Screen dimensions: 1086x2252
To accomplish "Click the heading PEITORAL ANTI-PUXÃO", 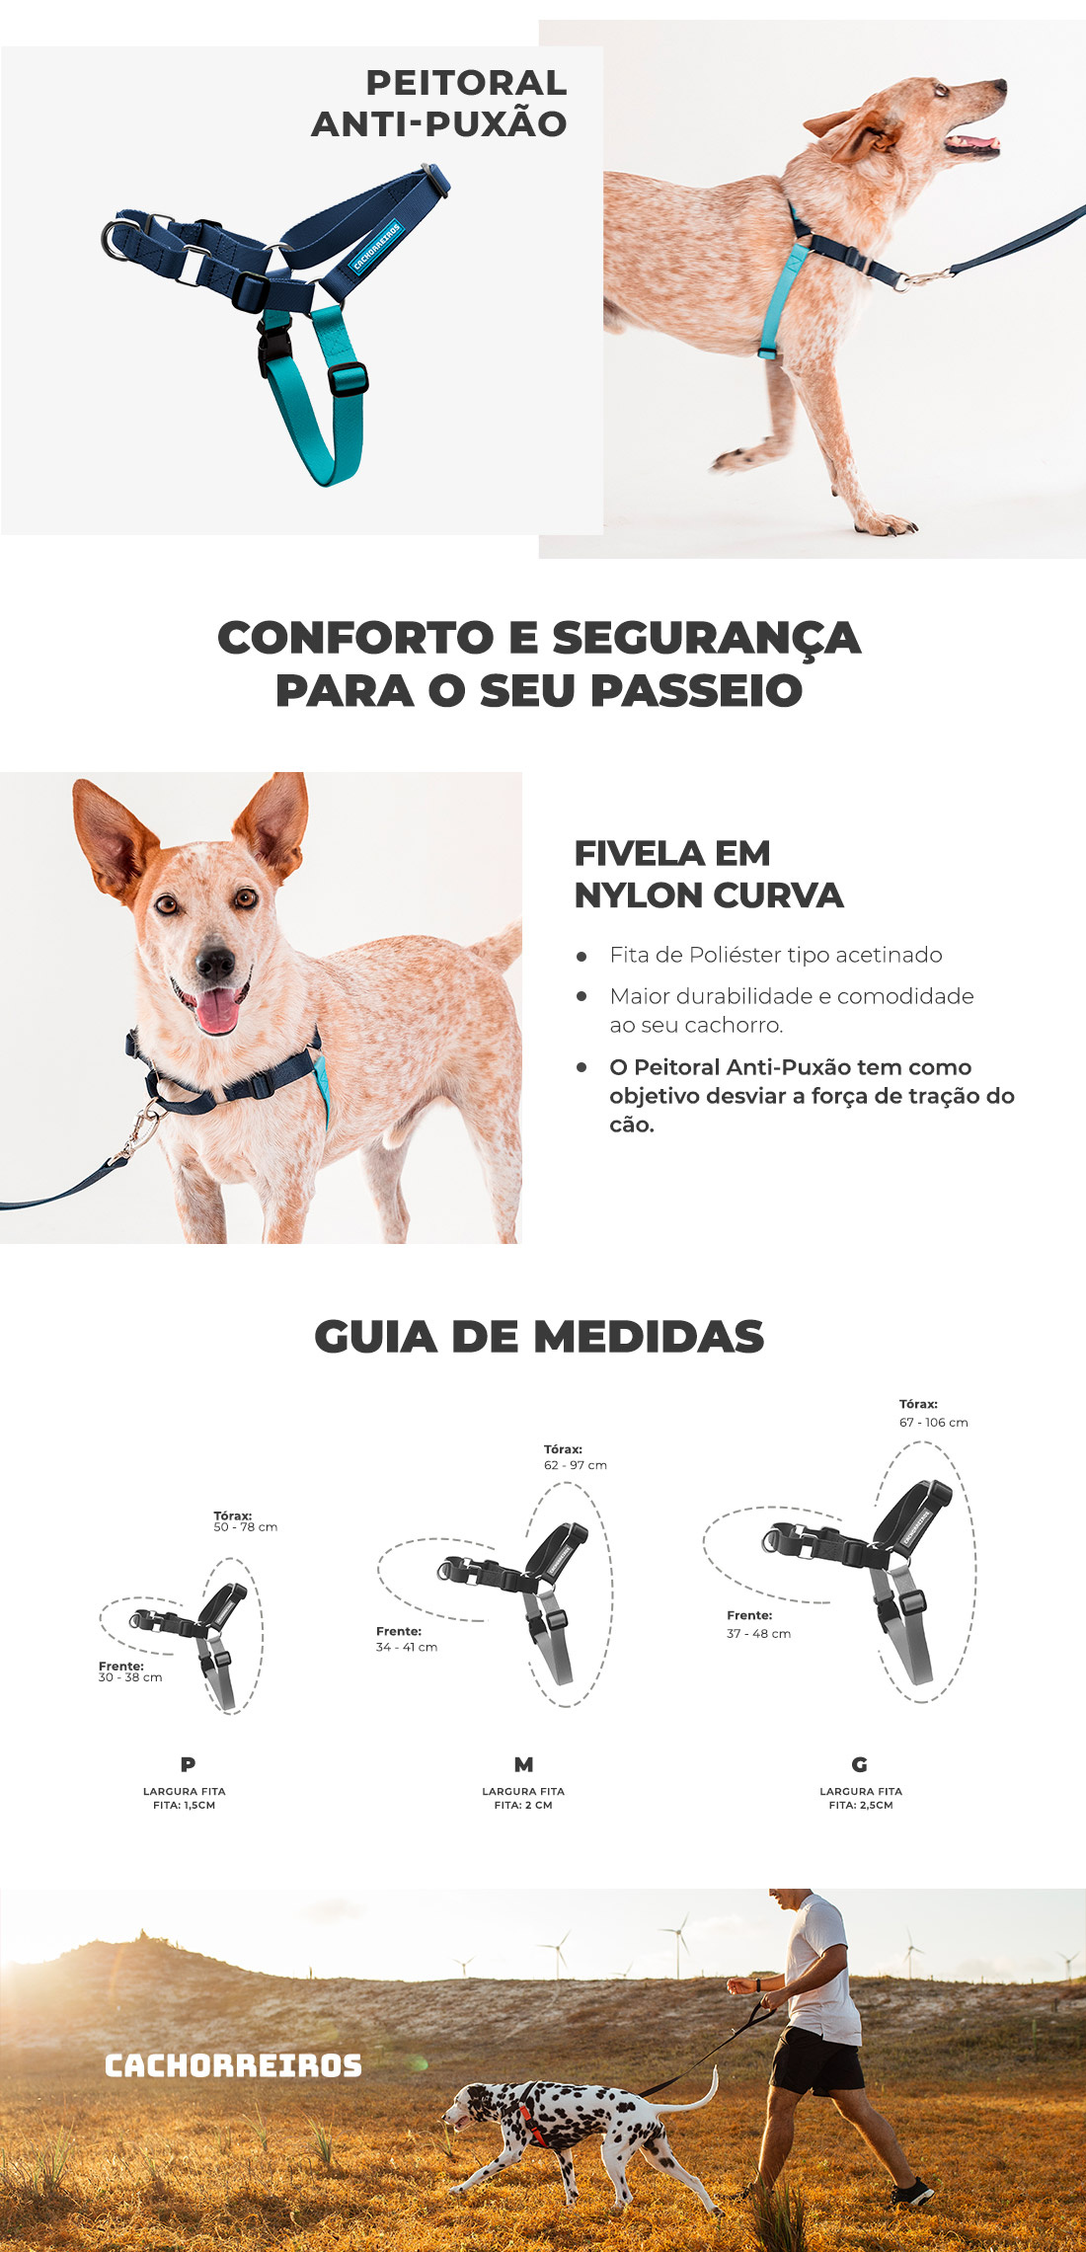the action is point(439,103).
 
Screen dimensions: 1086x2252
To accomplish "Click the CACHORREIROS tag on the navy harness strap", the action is point(377,245).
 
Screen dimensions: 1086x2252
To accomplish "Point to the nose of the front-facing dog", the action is point(214,962).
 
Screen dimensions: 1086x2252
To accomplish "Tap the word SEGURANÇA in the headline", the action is point(706,638).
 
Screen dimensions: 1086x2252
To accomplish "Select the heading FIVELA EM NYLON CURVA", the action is point(708,874).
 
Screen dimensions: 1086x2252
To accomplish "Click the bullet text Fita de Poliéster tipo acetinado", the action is point(776,955).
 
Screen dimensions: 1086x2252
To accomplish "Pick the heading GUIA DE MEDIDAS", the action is point(539,1337).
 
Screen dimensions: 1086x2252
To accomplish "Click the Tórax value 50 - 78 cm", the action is point(246,1527).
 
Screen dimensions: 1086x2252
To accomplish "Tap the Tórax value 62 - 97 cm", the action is point(576,1465).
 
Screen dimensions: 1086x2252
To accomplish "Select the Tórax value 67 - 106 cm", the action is point(934,1423).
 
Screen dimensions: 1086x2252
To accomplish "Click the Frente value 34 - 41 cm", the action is point(407,1647).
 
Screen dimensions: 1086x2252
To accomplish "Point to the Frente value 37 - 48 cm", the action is point(759,1633).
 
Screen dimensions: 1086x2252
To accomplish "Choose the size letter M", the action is point(524,1763).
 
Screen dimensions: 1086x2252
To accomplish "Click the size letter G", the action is point(860,1763).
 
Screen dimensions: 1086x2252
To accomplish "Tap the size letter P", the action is point(188,1763).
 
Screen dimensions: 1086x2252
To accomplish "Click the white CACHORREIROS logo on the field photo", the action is point(234,2065).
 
